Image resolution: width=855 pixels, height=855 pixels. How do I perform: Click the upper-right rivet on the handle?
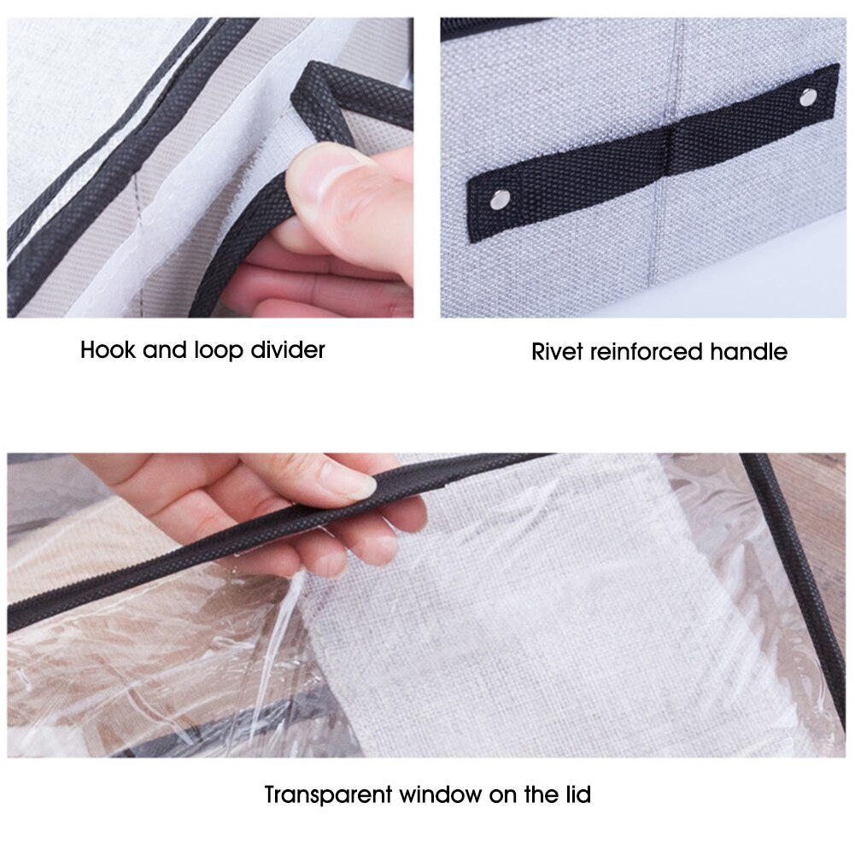pyautogui.click(x=805, y=97)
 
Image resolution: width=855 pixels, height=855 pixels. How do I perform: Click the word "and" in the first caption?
pyautogui.click(x=161, y=349)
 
